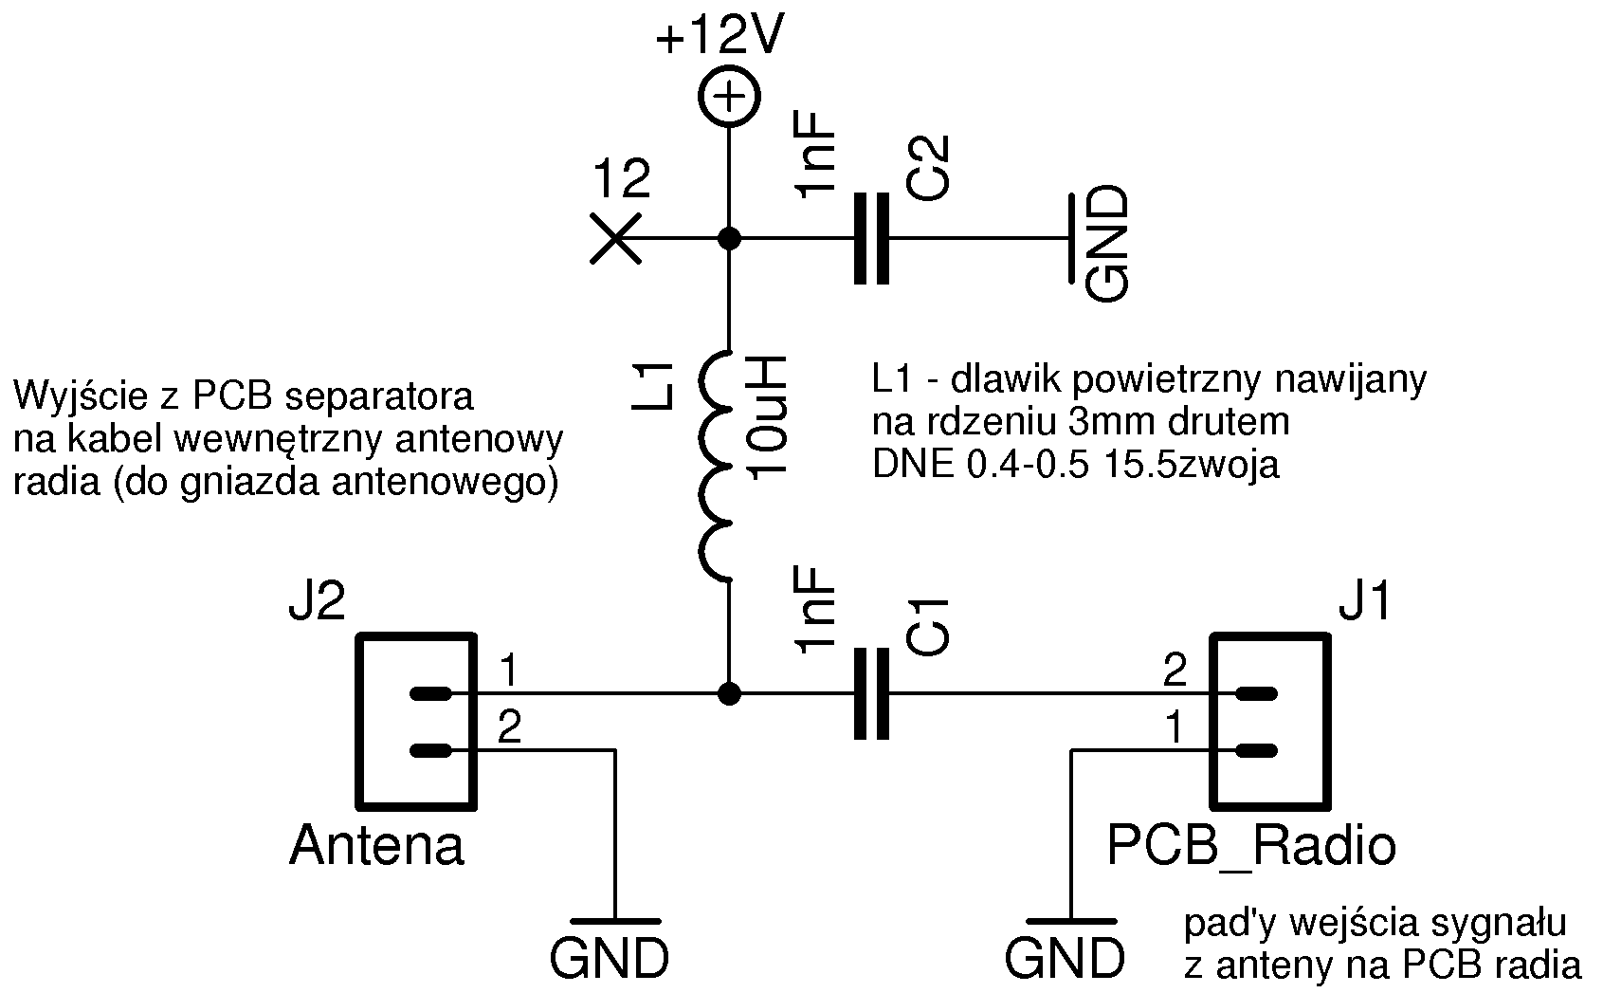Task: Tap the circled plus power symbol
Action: pyautogui.click(x=729, y=98)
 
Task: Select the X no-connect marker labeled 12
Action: pyautogui.click(x=615, y=238)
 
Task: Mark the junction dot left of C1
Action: pyautogui.click(x=729, y=694)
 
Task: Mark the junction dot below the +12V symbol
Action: pyautogui.click(x=729, y=238)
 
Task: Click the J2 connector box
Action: pyautogui.click(x=414, y=720)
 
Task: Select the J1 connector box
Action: pyautogui.click(x=1270, y=720)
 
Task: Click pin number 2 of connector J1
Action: pyautogui.click(x=1175, y=672)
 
